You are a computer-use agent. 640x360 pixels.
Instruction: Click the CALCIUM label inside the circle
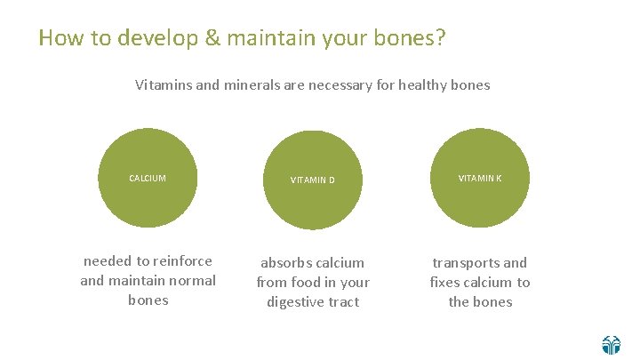148,179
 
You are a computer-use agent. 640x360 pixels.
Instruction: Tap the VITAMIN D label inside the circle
313,180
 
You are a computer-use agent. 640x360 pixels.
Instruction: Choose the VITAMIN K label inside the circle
480,179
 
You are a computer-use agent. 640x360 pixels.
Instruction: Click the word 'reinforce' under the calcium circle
182,261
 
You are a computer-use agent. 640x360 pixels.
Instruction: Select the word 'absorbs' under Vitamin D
287,263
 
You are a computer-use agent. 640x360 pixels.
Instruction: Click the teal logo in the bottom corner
611,344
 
